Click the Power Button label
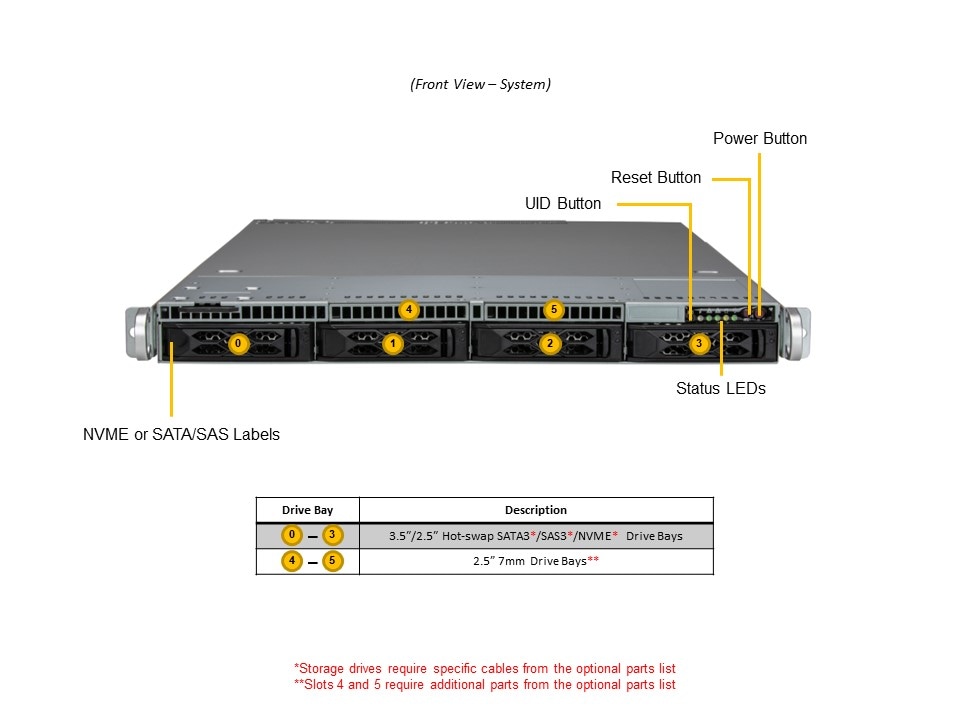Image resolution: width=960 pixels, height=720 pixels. (x=760, y=138)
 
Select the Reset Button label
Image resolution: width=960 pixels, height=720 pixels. (x=656, y=178)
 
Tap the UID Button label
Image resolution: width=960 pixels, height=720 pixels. (x=563, y=204)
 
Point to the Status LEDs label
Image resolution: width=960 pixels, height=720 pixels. (x=720, y=388)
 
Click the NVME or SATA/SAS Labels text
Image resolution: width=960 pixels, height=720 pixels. (x=181, y=434)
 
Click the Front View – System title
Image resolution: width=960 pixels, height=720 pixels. (x=480, y=84)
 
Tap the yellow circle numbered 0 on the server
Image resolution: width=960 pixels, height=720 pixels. (x=239, y=344)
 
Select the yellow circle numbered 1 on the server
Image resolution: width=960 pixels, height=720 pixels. (x=394, y=344)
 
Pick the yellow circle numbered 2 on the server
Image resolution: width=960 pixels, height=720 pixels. (x=549, y=344)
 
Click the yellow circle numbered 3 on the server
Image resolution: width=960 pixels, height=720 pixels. (x=700, y=344)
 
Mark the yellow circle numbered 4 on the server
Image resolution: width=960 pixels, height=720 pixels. (x=408, y=309)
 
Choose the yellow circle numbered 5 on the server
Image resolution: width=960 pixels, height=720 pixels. (x=555, y=309)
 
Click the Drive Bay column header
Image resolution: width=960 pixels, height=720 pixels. (x=307, y=510)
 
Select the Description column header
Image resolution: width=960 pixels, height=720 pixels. (x=535, y=510)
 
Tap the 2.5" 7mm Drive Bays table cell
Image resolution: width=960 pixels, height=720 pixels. (x=535, y=562)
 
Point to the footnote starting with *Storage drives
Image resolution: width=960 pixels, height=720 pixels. (x=484, y=668)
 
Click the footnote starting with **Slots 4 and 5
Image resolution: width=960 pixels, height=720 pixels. (x=484, y=685)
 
